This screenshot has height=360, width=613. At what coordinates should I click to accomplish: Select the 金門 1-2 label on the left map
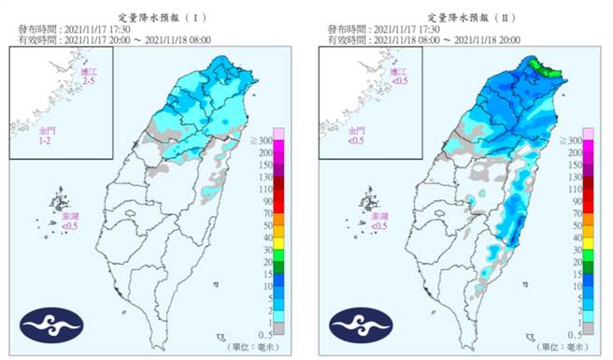[x=44, y=137]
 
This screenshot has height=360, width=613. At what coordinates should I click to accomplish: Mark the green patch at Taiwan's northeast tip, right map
[x=540, y=67]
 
